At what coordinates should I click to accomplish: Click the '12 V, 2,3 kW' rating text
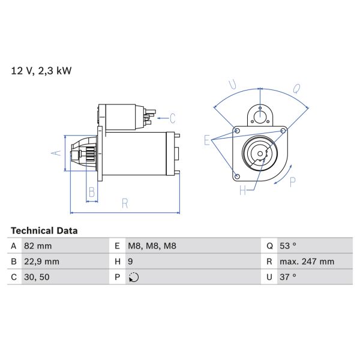[41, 71]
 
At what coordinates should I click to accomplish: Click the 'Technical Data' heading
[44, 230]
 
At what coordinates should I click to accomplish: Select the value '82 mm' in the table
[37, 246]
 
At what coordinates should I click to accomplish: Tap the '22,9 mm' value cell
[41, 262]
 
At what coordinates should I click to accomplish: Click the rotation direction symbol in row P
[133, 277]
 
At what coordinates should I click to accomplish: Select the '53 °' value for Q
[289, 246]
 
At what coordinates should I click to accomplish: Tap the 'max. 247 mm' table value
[307, 262]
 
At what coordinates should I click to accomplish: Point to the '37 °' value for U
[289, 277]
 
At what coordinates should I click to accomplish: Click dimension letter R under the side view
[125, 203]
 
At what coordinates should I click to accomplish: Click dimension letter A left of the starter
[58, 153]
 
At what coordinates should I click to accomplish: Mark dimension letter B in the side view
[92, 192]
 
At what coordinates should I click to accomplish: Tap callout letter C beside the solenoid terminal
[172, 118]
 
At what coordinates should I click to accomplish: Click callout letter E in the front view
[208, 141]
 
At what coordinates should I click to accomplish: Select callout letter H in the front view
[242, 191]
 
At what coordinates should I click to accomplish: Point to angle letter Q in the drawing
[296, 89]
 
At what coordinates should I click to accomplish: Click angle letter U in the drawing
[233, 86]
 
